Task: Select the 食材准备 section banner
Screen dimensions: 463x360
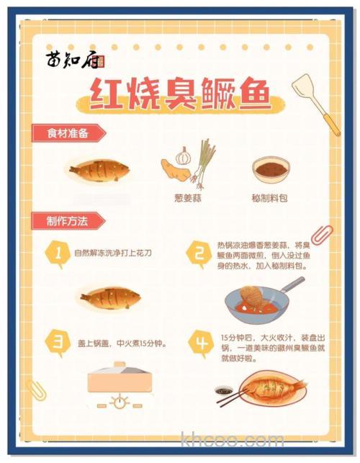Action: (x=68, y=132)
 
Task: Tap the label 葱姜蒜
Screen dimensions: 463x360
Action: (x=186, y=197)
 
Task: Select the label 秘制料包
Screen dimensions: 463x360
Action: (x=269, y=197)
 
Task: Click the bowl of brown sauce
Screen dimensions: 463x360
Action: (x=269, y=170)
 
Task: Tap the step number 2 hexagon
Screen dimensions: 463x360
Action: (x=198, y=253)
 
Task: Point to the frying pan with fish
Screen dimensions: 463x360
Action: (x=252, y=299)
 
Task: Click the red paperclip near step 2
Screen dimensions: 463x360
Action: (x=321, y=235)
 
